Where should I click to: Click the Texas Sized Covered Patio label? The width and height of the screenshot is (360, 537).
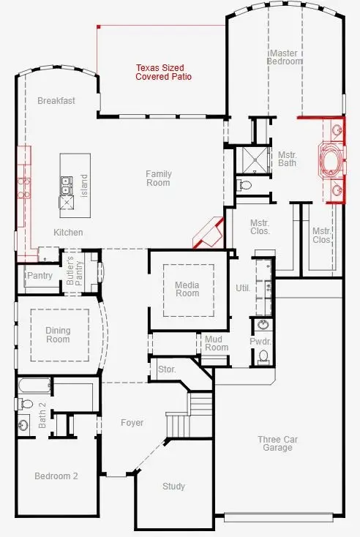[x=163, y=72]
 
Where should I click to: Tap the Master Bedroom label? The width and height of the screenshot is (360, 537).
[x=285, y=58]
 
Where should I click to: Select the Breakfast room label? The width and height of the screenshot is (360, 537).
[x=56, y=101]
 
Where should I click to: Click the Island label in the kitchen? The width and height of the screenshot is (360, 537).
[x=83, y=181]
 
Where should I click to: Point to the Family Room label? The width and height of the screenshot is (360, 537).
[x=158, y=178]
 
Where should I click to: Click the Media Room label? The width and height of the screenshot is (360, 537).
[x=187, y=289]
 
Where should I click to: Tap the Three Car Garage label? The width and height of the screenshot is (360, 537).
[x=275, y=443]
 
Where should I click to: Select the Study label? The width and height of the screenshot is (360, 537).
[x=173, y=487]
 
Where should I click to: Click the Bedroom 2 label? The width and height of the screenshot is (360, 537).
[x=56, y=476]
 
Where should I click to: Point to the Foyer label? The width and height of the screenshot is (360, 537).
[x=132, y=423]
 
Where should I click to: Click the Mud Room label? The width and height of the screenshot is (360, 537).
[x=217, y=343]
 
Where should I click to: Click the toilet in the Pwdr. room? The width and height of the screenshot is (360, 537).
[x=263, y=356]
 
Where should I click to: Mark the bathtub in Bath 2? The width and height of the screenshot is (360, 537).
[x=34, y=386]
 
